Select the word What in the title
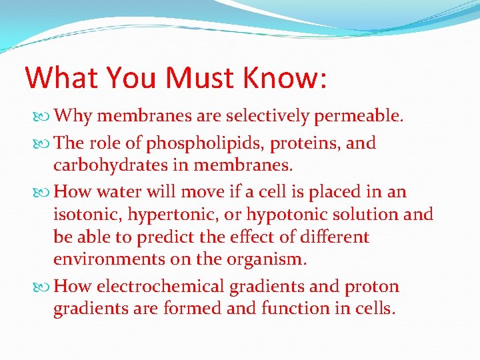(61, 77)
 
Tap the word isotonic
(85, 215)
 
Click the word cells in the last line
(376, 309)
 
